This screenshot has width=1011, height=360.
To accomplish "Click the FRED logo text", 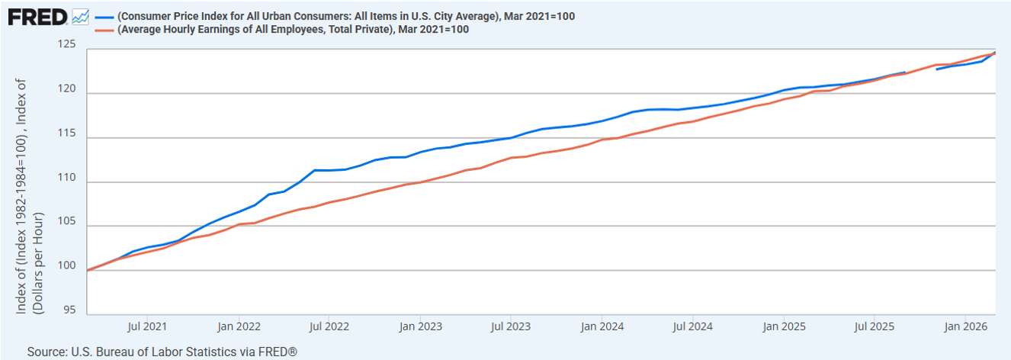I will coord(37,16).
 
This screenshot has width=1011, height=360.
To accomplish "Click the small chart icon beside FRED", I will coord(80,16).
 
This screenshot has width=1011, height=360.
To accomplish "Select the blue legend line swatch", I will coord(104,16).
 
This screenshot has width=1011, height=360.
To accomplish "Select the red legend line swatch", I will coord(104,30).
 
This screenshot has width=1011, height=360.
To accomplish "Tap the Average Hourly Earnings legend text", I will coord(293,30).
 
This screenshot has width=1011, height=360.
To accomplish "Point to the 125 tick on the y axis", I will coord(67,45).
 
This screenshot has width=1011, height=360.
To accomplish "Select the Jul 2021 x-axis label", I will coord(148,326).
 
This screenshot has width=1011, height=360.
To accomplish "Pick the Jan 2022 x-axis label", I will coord(239,326).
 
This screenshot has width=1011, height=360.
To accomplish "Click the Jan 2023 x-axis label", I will coord(420,326).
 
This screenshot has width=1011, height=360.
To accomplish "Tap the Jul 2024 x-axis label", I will coord(692,326).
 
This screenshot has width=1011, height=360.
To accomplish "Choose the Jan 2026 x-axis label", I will coord(965,326).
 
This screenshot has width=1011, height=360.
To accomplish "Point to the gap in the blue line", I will coord(921,71).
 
